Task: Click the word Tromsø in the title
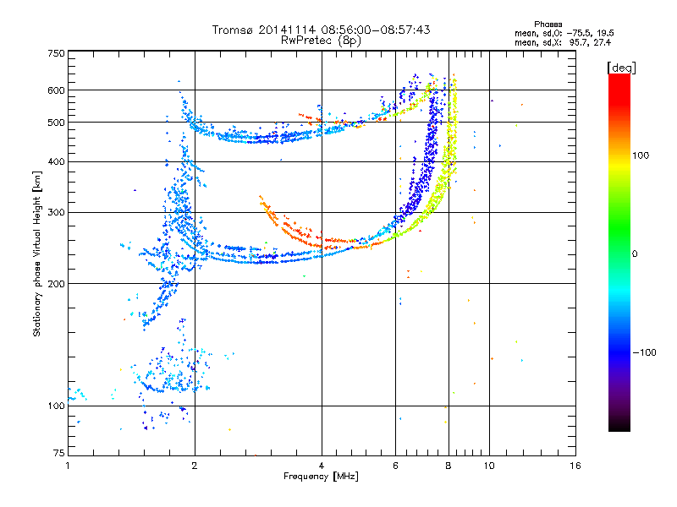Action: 234,30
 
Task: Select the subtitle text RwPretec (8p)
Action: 321,41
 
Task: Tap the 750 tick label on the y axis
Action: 56,53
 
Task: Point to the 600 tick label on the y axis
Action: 56,90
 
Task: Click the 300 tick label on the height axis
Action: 56,212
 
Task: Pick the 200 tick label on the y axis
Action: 56,283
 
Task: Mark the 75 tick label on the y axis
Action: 59,453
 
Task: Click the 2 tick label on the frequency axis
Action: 195,466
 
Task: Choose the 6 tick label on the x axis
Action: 395,466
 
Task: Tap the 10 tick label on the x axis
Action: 489,466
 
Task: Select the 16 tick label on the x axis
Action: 575,466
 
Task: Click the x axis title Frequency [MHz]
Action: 321,477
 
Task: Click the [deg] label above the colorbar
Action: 621,68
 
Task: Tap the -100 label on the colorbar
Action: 644,352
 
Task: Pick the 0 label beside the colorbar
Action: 635,254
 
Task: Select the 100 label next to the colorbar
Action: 641,155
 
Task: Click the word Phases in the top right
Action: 548,25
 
